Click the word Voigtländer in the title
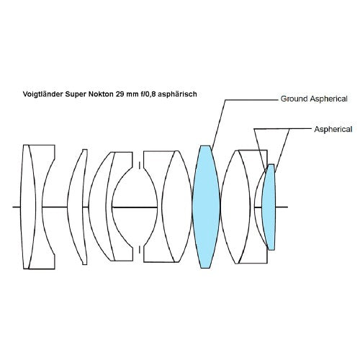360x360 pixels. [42, 94]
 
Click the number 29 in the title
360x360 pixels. [120, 94]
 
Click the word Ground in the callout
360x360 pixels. [294, 99]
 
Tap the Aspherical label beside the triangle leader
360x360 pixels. [333, 130]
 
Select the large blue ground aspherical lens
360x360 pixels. [206, 207]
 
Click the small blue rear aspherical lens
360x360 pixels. [269, 207]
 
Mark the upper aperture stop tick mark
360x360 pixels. [140, 165]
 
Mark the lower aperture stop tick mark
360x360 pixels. [140, 249]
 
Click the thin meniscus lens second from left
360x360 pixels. [77, 207]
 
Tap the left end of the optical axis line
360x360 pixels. [13, 207]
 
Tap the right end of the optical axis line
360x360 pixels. [288, 207]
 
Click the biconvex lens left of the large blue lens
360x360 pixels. [177, 207]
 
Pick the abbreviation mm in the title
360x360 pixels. [132, 94]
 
